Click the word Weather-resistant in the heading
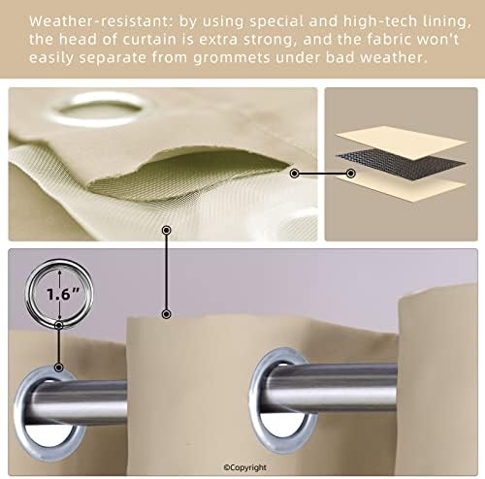102,21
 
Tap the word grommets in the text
232,58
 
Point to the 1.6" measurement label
63,294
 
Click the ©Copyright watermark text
245,467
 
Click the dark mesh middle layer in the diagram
401,164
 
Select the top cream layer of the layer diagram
402,143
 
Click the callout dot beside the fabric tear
294,174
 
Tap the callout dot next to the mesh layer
351,174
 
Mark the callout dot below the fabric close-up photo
166,230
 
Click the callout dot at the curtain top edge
166,314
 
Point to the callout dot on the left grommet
58,367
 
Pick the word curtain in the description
149,40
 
